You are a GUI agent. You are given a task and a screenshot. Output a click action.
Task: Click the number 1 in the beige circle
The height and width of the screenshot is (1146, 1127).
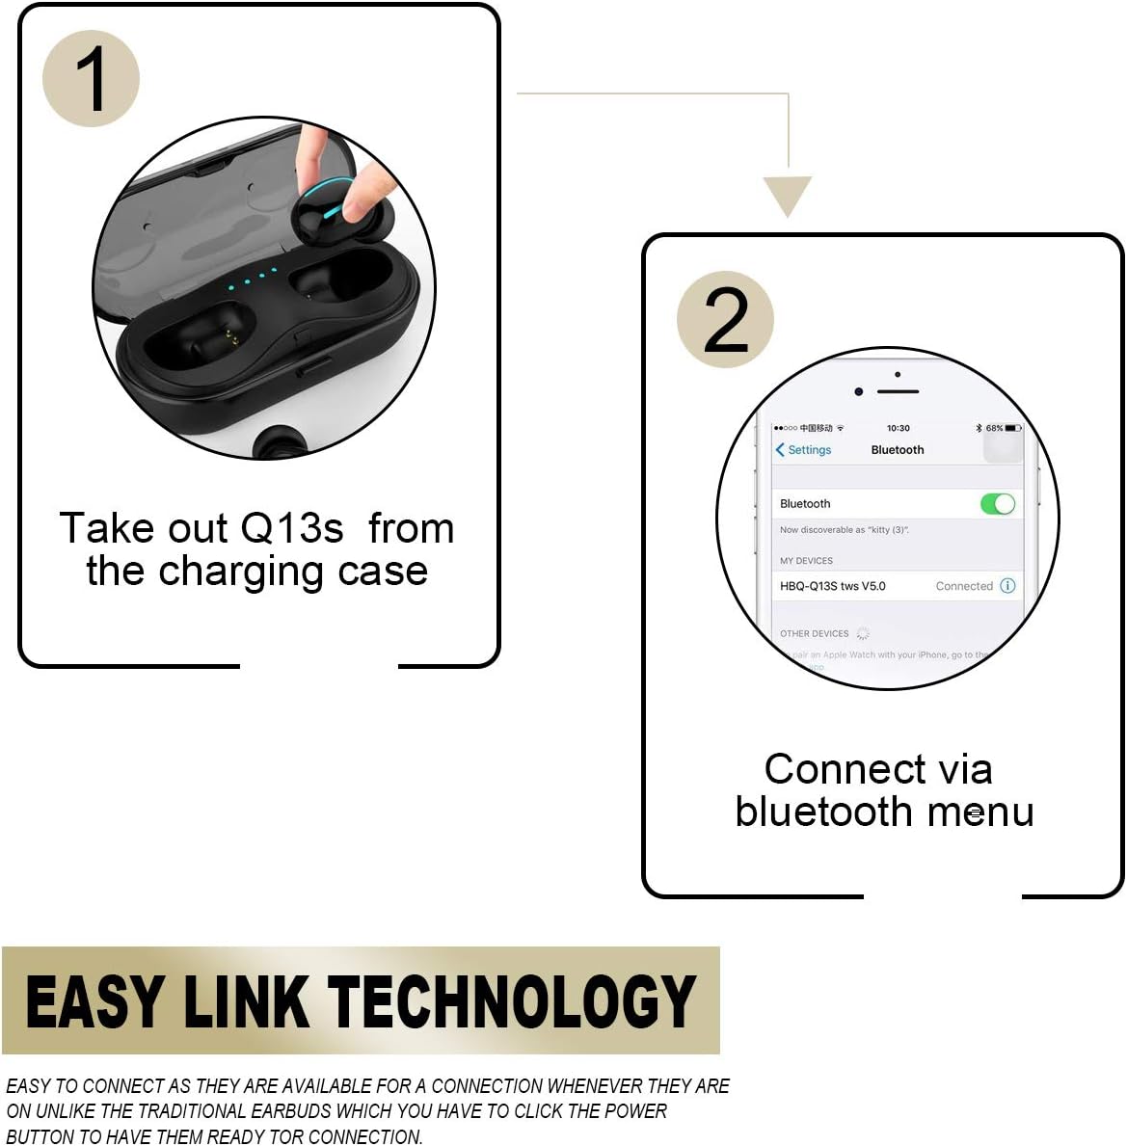tap(92, 79)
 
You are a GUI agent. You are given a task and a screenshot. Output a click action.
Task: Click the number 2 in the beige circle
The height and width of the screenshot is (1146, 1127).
tap(726, 319)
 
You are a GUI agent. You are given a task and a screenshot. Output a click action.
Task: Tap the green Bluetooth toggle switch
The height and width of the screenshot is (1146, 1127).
tap(998, 504)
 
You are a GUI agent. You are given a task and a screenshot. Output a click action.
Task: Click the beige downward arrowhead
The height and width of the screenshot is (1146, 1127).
tap(788, 196)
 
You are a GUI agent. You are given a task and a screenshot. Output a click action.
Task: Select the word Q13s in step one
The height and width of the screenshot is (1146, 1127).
tap(292, 528)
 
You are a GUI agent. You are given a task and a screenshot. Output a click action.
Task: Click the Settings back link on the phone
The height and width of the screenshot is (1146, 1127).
tap(803, 450)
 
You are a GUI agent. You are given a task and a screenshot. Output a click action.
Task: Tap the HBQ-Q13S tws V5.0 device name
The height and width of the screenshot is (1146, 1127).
tap(832, 586)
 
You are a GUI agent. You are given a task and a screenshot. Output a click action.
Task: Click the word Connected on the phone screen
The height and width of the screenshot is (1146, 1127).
tap(963, 586)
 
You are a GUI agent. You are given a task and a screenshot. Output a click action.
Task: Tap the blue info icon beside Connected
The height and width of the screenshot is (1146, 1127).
tap(1007, 586)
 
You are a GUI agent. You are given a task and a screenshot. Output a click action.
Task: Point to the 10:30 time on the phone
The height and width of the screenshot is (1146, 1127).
tap(898, 428)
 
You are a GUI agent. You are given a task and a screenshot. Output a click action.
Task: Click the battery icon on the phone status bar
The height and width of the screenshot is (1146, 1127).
tap(1012, 428)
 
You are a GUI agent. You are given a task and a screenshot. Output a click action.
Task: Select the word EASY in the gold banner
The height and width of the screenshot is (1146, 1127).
tap(94, 1001)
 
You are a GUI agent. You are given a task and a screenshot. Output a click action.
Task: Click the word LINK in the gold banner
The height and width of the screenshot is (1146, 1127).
tap(245, 1001)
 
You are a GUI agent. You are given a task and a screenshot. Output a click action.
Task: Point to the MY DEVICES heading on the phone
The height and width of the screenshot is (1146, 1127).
tap(806, 561)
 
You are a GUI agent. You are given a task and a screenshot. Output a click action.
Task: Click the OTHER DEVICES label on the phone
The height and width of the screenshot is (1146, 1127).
tap(814, 634)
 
